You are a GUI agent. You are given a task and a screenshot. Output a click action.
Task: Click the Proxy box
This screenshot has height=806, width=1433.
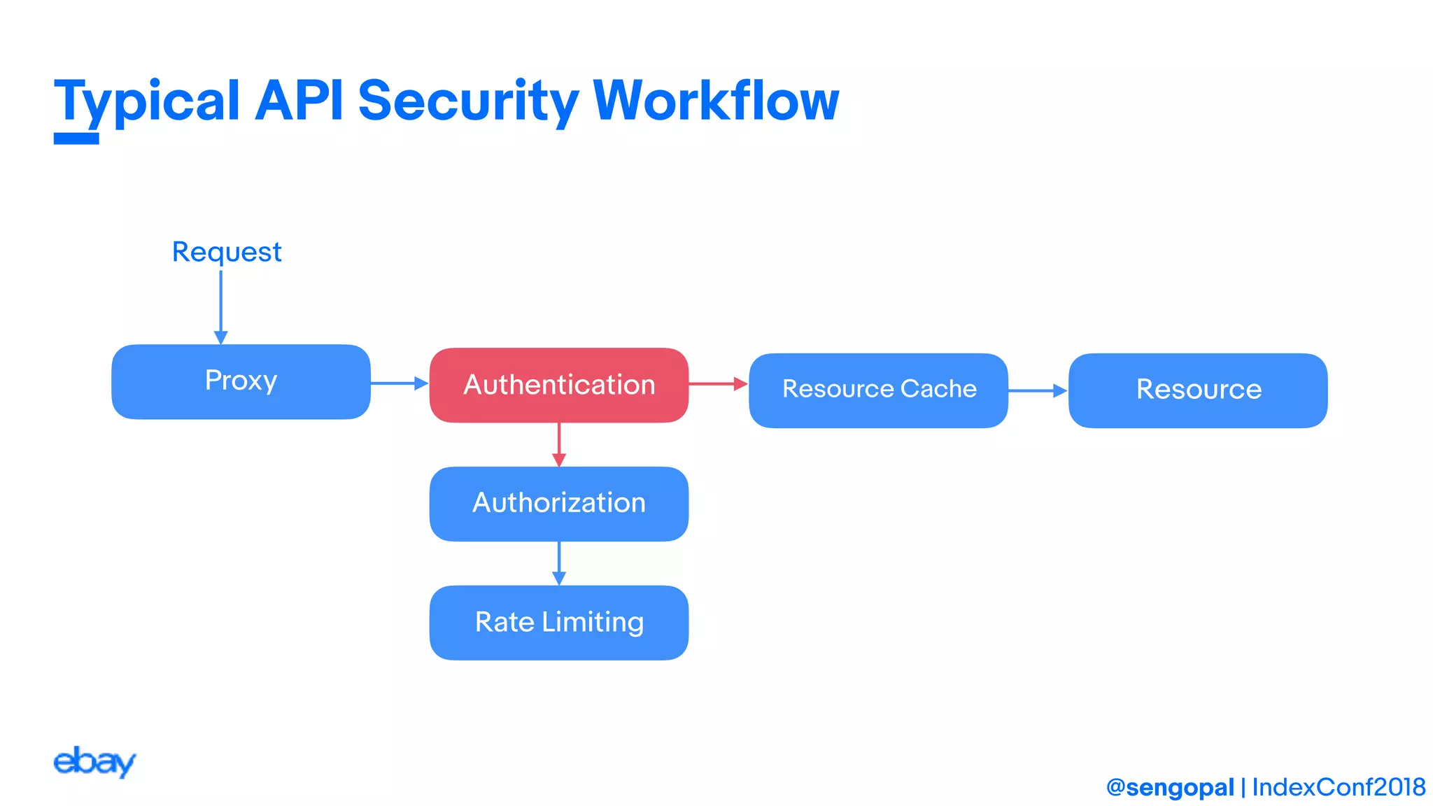coord(241,382)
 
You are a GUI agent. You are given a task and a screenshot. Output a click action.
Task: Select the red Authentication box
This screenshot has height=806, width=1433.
coord(558,385)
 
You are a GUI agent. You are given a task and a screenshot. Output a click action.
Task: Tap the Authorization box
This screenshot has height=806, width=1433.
coord(558,504)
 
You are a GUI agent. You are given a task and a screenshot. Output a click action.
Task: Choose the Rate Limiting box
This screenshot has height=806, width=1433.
coord(558,623)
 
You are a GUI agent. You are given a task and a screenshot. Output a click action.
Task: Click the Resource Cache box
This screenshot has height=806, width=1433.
coord(878,390)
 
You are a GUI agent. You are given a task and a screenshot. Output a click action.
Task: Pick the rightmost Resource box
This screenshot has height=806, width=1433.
coord(1198,390)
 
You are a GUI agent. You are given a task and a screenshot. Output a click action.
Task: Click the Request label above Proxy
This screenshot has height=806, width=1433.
coord(227,252)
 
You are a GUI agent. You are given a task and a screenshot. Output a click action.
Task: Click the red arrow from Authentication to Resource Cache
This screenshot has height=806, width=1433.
coord(718,383)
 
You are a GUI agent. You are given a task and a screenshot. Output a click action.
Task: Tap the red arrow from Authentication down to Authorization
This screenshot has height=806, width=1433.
coord(558,444)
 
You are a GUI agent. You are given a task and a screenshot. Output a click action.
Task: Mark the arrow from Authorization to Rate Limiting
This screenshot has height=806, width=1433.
coord(558,563)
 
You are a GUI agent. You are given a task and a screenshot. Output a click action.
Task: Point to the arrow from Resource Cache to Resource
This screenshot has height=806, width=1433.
coord(1037,390)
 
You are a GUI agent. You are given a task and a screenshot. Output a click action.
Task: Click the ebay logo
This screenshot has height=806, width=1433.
coord(94,762)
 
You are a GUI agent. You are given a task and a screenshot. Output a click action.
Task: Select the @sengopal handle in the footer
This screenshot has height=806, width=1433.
coord(1170,788)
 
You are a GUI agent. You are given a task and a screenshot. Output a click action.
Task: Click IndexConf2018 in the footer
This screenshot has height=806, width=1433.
coord(1338,788)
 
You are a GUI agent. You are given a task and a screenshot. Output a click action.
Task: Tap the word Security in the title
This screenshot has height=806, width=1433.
coord(467,101)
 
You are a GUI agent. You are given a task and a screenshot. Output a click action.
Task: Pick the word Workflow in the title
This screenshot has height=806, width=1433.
coord(715,101)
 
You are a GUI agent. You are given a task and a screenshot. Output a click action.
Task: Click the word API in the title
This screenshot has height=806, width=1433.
coord(299,101)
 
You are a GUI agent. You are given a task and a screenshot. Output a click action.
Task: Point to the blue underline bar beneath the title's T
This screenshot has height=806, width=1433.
coord(76,139)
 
